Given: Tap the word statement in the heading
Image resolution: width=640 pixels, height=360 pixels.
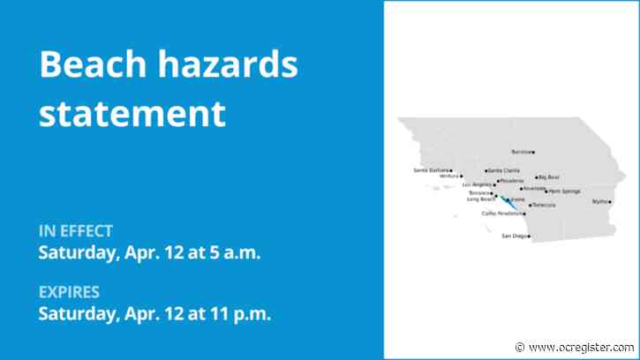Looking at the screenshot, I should click(132, 114).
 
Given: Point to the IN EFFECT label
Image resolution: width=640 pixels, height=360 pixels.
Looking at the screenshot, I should click(75, 231).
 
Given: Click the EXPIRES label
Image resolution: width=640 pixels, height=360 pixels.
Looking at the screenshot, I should click(69, 292).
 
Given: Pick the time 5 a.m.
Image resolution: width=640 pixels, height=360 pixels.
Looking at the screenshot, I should click(233, 251).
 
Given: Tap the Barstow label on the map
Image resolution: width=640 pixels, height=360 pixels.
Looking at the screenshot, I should click(522, 152).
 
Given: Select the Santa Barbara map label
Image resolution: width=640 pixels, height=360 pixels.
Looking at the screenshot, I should click(431, 169).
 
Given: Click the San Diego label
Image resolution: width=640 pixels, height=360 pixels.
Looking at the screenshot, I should click(514, 236).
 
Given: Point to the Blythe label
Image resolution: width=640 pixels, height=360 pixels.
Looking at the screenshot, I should click(600, 202).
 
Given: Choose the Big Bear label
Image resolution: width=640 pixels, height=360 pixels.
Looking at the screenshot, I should click(549, 177).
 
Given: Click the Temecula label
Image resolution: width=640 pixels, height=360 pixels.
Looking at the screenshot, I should click(544, 205).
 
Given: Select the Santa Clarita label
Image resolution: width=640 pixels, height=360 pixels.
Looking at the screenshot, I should click(504, 170).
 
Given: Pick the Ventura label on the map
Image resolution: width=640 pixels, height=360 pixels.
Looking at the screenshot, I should click(450, 176).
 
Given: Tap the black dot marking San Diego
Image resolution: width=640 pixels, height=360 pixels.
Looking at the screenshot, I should click(529, 236).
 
